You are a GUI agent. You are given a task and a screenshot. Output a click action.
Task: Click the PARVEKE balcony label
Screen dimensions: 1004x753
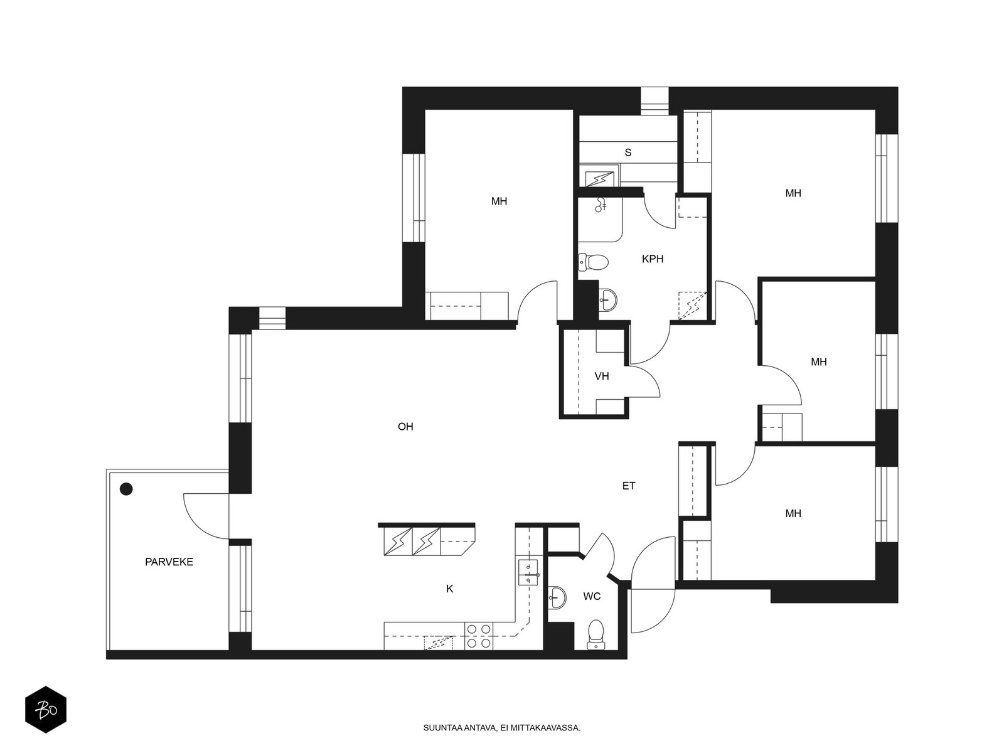coord(169,562)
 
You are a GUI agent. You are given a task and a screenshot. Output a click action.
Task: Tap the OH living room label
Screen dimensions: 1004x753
coord(405,427)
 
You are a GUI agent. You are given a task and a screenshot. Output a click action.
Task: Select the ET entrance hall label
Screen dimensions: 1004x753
coord(629,486)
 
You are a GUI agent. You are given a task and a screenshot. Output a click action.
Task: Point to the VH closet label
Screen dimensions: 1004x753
coord(602,376)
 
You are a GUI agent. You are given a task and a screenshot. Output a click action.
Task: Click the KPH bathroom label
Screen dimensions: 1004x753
coord(652,259)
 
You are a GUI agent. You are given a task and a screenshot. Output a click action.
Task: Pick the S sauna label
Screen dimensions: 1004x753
coord(628,152)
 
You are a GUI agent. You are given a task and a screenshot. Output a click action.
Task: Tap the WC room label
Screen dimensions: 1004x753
coord(592,596)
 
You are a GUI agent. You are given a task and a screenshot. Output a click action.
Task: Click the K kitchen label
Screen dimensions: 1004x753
coord(450,589)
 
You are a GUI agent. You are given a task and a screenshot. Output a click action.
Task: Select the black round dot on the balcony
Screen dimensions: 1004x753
coord(126,489)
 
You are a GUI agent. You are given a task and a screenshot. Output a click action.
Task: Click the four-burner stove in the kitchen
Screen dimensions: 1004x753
coord(479,636)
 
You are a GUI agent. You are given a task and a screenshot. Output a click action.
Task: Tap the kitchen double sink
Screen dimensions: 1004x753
coord(528,572)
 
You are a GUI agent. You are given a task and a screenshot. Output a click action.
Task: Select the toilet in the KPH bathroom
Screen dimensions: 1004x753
coord(593,262)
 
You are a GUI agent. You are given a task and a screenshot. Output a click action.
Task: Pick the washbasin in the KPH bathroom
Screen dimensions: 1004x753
coord(607,300)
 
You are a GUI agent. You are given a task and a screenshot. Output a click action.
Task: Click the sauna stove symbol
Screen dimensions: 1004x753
coord(600,179)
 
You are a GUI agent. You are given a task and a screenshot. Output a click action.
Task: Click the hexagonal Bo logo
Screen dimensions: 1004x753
coord(46,710)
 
